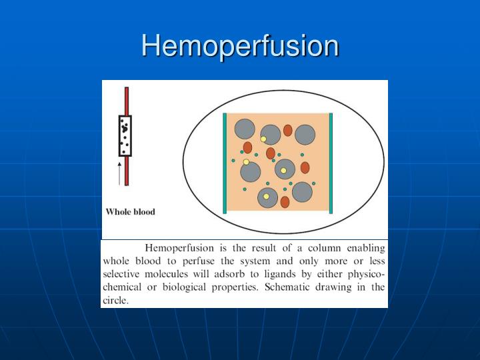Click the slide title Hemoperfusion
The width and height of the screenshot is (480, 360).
click(240, 46)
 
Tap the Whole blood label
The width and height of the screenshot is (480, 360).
click(131, 212)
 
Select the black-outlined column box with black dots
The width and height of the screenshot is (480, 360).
click(125, 135)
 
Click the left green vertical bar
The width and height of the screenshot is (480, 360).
click(225, 163)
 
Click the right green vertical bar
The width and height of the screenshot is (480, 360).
click(331, 163)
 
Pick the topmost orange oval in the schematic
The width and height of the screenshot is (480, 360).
click(287, 130)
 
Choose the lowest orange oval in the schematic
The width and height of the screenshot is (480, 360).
click(285, 201)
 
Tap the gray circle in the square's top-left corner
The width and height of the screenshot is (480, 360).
click(245, 129)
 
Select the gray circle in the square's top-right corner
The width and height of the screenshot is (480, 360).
click(305, 135)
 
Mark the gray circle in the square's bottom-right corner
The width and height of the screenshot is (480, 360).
click(302, 192)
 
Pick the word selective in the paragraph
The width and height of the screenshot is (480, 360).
click(124, 274)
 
